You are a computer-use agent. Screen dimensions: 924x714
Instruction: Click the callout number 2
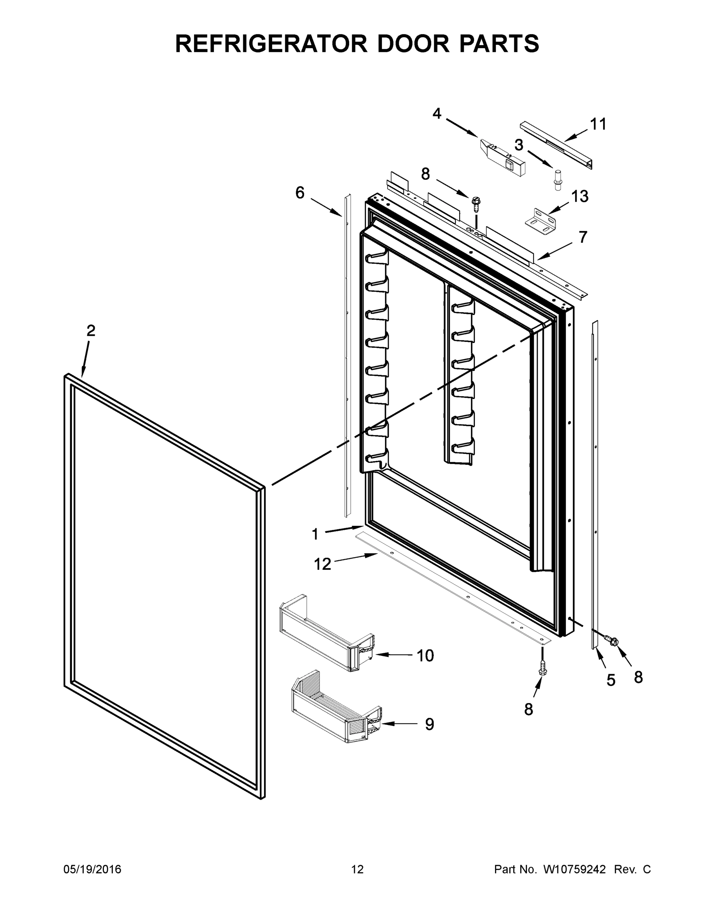pos(90,331)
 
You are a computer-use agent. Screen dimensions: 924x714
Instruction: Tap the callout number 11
pos(598,124)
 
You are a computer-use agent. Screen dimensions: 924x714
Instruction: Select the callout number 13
pos(580,196)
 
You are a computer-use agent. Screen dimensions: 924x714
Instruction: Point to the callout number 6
pos(299,193)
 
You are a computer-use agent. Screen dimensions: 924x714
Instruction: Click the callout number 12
pos(322,564)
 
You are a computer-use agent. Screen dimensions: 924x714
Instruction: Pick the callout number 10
pos(425,655)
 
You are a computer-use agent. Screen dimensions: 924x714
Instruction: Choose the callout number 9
pos(429,724)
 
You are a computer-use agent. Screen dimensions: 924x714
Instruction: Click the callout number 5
pos(610,680)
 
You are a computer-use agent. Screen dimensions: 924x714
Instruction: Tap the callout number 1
pos(315,534)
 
